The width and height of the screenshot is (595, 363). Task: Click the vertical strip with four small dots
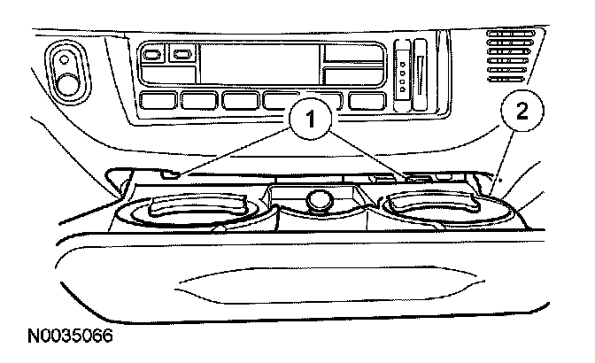(403, 71)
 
